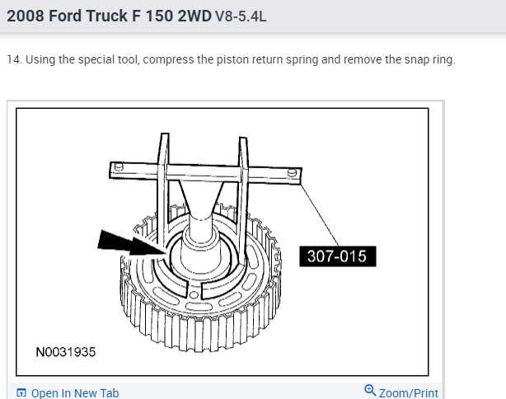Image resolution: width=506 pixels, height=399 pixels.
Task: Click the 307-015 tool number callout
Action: pyautogui.click(x=338, y=256)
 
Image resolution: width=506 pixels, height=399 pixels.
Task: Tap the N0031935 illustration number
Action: pyautogui.click(x=66, y=352)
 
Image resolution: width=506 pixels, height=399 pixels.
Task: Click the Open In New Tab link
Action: pyautogui.click(x=75, y=393)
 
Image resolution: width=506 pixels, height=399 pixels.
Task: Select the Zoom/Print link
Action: pyautogui.click(x=408, y=393)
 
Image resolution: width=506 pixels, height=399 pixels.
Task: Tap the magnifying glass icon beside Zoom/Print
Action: pyautogui.click(x=370, y=390)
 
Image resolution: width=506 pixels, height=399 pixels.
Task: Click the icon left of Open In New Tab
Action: pyautogui.click(x=21, y=393)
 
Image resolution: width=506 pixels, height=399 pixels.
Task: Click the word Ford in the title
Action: pyautogui.click(x=65, y=16)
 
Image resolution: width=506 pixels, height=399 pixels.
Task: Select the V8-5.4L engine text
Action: pyautogui.click(x=241, y=16)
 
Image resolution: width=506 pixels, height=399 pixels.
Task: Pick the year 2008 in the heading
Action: pyautogui.click(x=26, y=16)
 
